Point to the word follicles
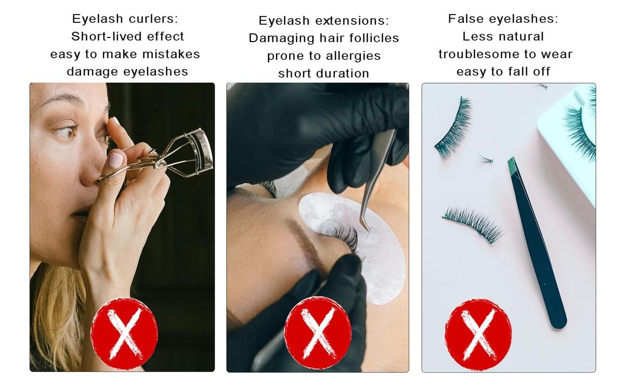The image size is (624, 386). click(x=374, y=38)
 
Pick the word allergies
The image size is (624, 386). click(x=353, y=56)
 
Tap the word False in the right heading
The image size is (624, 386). click(x=466, y=19)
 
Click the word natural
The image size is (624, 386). click(x=521, y=36)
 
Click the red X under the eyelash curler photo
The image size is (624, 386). click(x=124, y=333)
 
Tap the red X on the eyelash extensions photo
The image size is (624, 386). click(x=318, y=333)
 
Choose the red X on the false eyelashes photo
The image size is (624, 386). click(x=478, y=334)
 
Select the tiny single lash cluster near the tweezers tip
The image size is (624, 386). click(x=486, y=159)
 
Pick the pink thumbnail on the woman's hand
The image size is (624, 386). click(x=116, y=160)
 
